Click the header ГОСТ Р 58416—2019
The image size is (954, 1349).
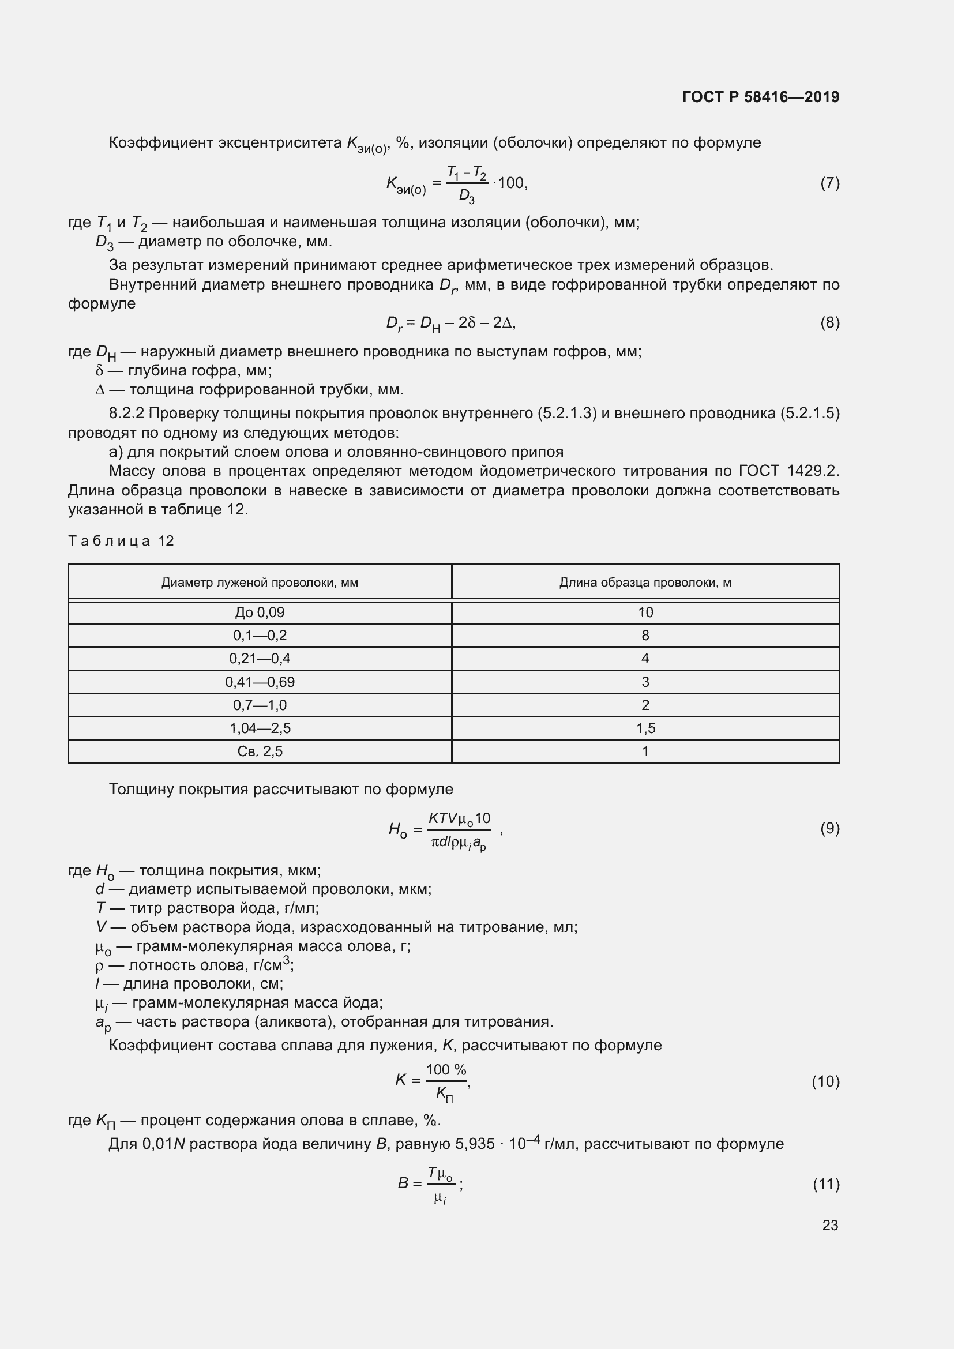click(x=760, y=97)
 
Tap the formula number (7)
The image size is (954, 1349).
click(x=829, y=183)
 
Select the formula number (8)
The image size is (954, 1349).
click(x=829, y=322)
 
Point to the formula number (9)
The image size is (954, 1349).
click(x=829, y=828)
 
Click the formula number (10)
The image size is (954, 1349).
click(x=825, y=1081)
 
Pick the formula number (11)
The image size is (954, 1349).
click(x=826, y=1183)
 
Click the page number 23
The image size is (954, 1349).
click(x=829, y=1225)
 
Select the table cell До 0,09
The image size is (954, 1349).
click(x=260, y=613)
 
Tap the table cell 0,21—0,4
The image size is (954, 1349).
click(x=260, y=658)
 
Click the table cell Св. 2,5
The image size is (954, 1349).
click(x=260, y=751)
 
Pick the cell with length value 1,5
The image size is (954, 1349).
click(x=645, y=728)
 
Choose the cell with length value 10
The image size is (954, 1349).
click(x=645, y=613)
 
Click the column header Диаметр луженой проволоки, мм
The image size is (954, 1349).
click(x=260, y=583)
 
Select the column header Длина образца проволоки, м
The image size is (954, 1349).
click(x=645, y=583)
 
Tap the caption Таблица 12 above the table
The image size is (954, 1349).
click(x=121, y=540)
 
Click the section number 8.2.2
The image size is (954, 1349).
click(x=126, y=414)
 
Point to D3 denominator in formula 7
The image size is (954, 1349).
click(x=467, y=196)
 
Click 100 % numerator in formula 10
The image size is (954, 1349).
click(x=446, y=1069)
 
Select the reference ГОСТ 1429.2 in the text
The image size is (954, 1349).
click(x=788, y=471)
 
